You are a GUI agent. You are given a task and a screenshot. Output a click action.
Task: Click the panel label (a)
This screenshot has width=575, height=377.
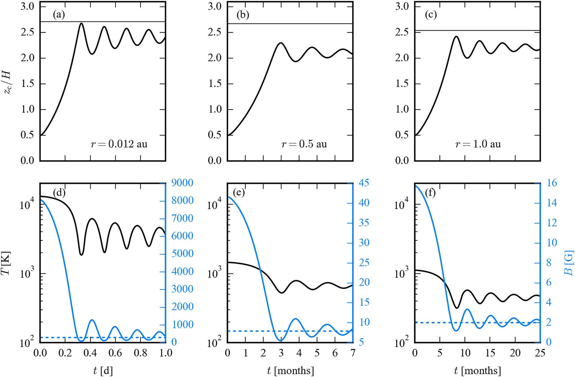pyautogui.click(x=59, y=15)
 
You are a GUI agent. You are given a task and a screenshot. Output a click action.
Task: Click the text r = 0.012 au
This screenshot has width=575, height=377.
pyautogui.click(x=119, y=144)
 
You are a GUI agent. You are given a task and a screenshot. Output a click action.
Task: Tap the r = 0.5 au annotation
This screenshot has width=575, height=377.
pyautogui.click(x=304, y=144)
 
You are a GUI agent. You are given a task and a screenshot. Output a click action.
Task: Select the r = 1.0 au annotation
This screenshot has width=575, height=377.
pyautogui.click(x=478, y=144)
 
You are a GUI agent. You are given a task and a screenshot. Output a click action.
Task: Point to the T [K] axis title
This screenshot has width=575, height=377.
pyautogui.click(x=6, y=263)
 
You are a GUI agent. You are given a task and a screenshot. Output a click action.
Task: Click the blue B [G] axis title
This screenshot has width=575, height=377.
pyautogui.click(x=569, y=263)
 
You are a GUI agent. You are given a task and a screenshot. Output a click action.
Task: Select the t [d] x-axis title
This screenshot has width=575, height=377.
pyautogui.click(x=103, y=370)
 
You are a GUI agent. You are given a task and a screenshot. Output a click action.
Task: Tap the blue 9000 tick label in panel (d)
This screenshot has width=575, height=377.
pyautogui.click(x=182, y=183)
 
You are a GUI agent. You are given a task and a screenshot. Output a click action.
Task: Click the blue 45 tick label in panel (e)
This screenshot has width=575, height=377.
pyautogui.click(x=364, y=183)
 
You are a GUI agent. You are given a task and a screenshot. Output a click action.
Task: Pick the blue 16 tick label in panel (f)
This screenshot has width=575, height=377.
pyautogui.click(x=552, y=183)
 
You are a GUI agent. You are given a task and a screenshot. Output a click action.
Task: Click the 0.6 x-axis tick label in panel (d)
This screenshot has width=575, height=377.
pyautogui.click(x=115, y=353)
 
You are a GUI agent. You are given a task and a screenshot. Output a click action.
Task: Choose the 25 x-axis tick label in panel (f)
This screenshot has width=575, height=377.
pyautogui.click(x=540, y=353)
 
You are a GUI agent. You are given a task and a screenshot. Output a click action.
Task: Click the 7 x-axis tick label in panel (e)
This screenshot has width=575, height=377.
pyautogui.click(x=353, y=353)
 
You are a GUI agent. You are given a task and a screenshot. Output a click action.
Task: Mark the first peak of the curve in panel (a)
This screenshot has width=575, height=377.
pyautogui.click(x=81, y=23)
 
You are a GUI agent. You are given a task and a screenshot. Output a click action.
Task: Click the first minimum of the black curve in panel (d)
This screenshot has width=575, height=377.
pyautogui.click(x=81, y=255)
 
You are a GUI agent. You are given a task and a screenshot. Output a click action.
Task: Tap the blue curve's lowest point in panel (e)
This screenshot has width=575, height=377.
pyautogui.click(x=281, y=341)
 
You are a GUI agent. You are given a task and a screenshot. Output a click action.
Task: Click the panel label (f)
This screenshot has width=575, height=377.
pyautogui.click(x=430, y=192)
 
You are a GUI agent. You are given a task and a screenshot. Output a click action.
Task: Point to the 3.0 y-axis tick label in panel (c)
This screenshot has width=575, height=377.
pyautogui.click(x=402, y=6)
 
